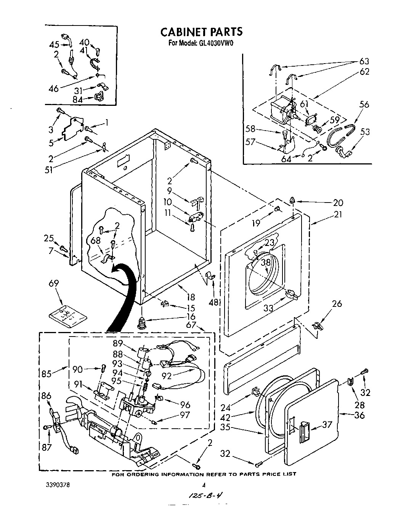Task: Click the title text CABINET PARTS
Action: pos(201,31)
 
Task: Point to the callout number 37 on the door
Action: pos(327,424)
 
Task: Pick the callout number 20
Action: pos(338,203)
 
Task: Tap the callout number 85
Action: pos(46,373)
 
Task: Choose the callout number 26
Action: pos(337,304)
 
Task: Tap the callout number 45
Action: pos(55,45)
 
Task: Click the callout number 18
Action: pos(191,297)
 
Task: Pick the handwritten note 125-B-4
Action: pos(205,496)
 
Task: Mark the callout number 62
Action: pos(364,71)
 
